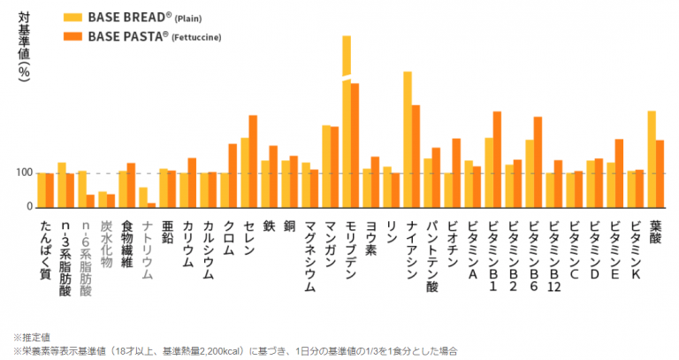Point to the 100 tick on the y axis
[23, 172]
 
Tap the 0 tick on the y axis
[28, 206]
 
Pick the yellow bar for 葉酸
[652, 159]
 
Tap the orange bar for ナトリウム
[151, 204]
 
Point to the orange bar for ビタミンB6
[538, 162]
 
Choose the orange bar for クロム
[233, 175]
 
